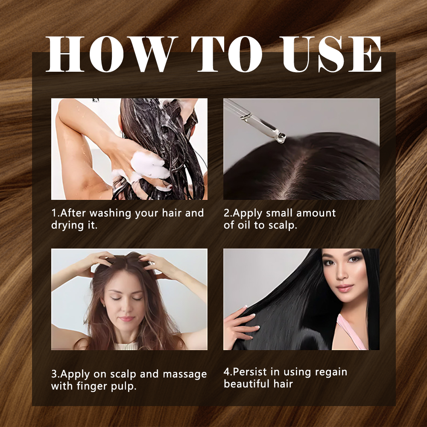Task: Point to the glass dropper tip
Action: click(x=281, y=137)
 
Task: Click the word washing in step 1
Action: click(x=110, y=213)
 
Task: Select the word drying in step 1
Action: click(x=67, y=225)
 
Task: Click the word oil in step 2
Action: click(x=244, y=225)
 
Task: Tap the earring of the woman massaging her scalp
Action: click(x=104, y=306)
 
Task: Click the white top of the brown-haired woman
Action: click(x=126, y=346)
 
